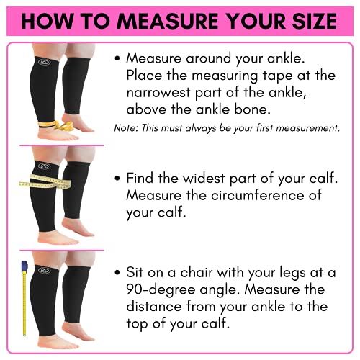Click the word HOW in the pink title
45,22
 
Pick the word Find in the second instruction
140,178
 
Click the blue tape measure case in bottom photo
23,271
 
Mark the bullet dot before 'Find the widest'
117,178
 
